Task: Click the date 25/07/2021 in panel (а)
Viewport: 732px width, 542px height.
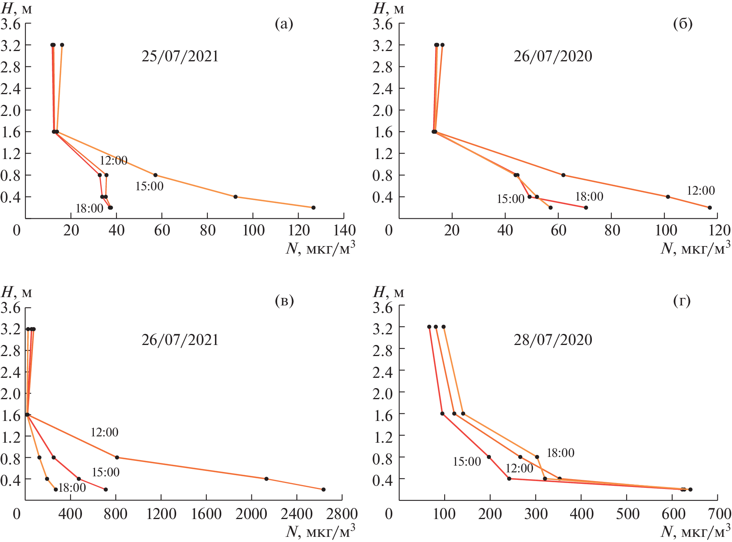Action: tap(180, 56)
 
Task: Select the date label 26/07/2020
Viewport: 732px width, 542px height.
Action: tap(553, 56)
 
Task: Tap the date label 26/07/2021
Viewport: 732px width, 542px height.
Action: tap(180, 340)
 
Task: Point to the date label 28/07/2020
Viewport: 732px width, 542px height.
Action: tap(553, 340)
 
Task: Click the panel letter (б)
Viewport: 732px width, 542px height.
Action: tap(683, 24)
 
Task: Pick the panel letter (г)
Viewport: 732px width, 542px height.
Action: tap(682, 301)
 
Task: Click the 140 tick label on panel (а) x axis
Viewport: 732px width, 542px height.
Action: tap(343, 230)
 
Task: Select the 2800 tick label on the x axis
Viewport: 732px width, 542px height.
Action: tap(341, 514)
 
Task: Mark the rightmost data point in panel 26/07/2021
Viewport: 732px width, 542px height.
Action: tap(323, 489)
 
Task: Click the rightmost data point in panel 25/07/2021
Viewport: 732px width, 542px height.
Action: tap(314, 208)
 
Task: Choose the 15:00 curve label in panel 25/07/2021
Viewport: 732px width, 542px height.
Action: tap(149, 186)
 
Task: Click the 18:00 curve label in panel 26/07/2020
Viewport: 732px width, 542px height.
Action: tap(589, 197)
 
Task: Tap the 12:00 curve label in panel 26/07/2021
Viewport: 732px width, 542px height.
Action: tap(105, 432)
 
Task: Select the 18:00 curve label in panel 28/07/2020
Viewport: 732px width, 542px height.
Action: tap(560, 453)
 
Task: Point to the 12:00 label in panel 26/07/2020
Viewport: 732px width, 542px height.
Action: tap(701, 191)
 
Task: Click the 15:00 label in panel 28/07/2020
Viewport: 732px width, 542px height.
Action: tap(467, 462)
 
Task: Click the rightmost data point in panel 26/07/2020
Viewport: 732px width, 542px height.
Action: tap(710, 208)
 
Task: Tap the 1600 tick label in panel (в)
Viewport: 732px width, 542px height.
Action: tap(206, 514)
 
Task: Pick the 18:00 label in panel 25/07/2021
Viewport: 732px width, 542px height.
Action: tap(89, 208)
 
